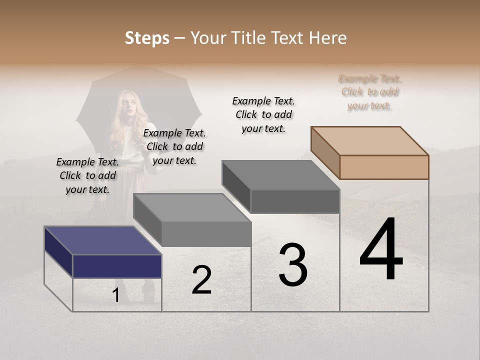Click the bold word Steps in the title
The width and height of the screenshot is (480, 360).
tap(147, 38)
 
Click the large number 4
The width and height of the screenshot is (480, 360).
tap(381, 250)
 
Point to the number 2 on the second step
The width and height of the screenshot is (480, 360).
tap(202, 280)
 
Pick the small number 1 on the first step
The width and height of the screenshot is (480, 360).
tap(116, 295)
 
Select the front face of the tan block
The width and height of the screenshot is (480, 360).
tap(384, 167)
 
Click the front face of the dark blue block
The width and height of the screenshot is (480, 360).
tap(117, 266)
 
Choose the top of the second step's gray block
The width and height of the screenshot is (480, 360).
tap(192, 207)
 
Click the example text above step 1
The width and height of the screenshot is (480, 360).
tap(87, 175)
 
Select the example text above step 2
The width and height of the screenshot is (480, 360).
tap(174, 146)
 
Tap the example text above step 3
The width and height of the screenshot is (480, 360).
tap(263, 114)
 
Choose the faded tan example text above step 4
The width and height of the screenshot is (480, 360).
tap(370, 92)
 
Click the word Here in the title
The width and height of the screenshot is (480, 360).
tap(328, 38)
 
